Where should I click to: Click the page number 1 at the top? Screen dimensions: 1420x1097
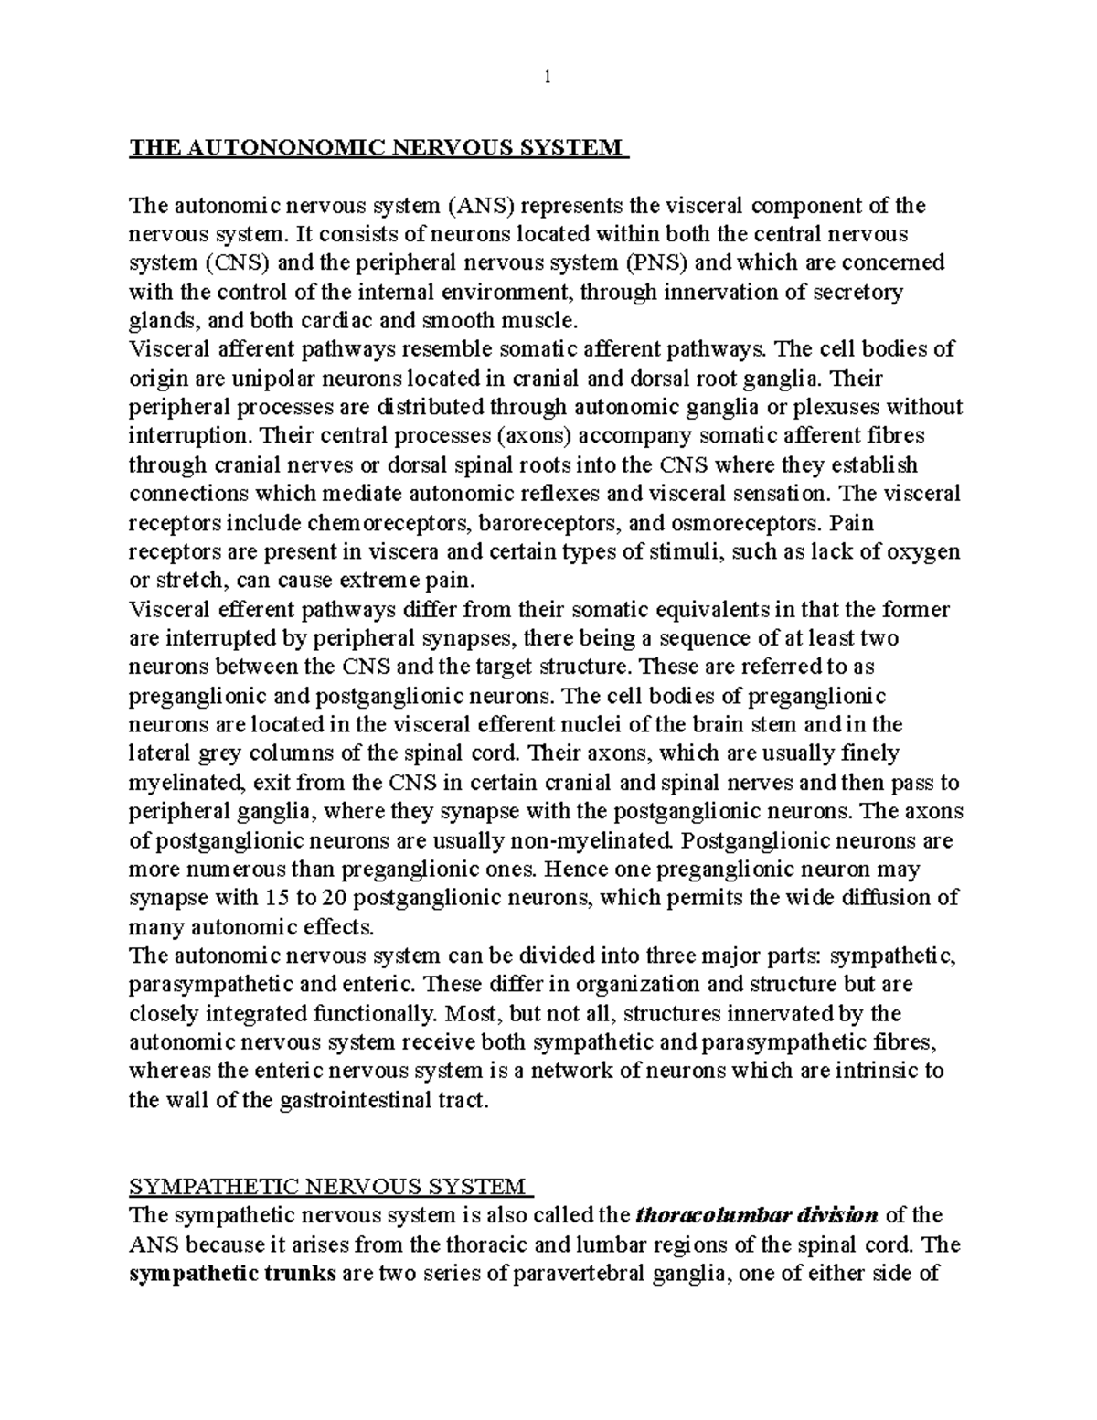[547, 79]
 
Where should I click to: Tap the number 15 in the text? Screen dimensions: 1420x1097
[278, 897]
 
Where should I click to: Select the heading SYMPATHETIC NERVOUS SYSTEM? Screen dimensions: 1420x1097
[328, 1187]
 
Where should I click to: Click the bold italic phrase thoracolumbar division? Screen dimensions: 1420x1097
[756, 1215]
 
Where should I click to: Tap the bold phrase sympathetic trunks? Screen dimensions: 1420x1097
[232, 1274]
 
